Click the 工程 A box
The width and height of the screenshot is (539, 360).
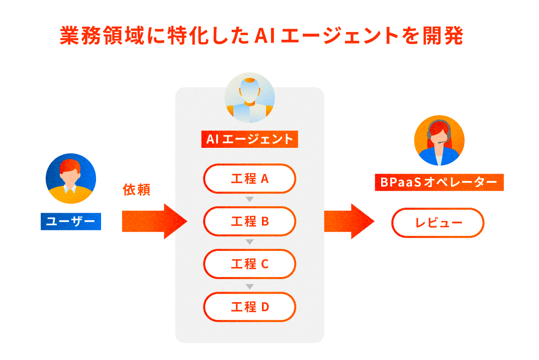(x=249, y=178)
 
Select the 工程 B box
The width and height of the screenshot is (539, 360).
(x=249, y=221)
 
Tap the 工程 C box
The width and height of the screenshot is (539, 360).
(x=249, y=264)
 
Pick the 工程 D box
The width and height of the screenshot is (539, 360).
(x=249, y=307)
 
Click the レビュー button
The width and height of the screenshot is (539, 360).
(x=437, y=223)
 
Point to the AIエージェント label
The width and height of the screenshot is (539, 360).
(x=249, y=139)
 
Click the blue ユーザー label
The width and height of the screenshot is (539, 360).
(x=70, y=221)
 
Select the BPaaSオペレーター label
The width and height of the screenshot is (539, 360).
(x=439, y=182)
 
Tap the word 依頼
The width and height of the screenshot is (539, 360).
(x=137, y=190)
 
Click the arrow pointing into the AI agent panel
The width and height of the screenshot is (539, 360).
(x=153, y=221)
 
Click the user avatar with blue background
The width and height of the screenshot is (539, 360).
(x=70, y=178)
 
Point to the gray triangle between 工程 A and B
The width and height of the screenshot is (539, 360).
(x=249, y=200)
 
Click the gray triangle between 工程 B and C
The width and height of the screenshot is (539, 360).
(x=249, y=243)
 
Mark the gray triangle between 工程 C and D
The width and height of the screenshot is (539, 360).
(x=249, y=286)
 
